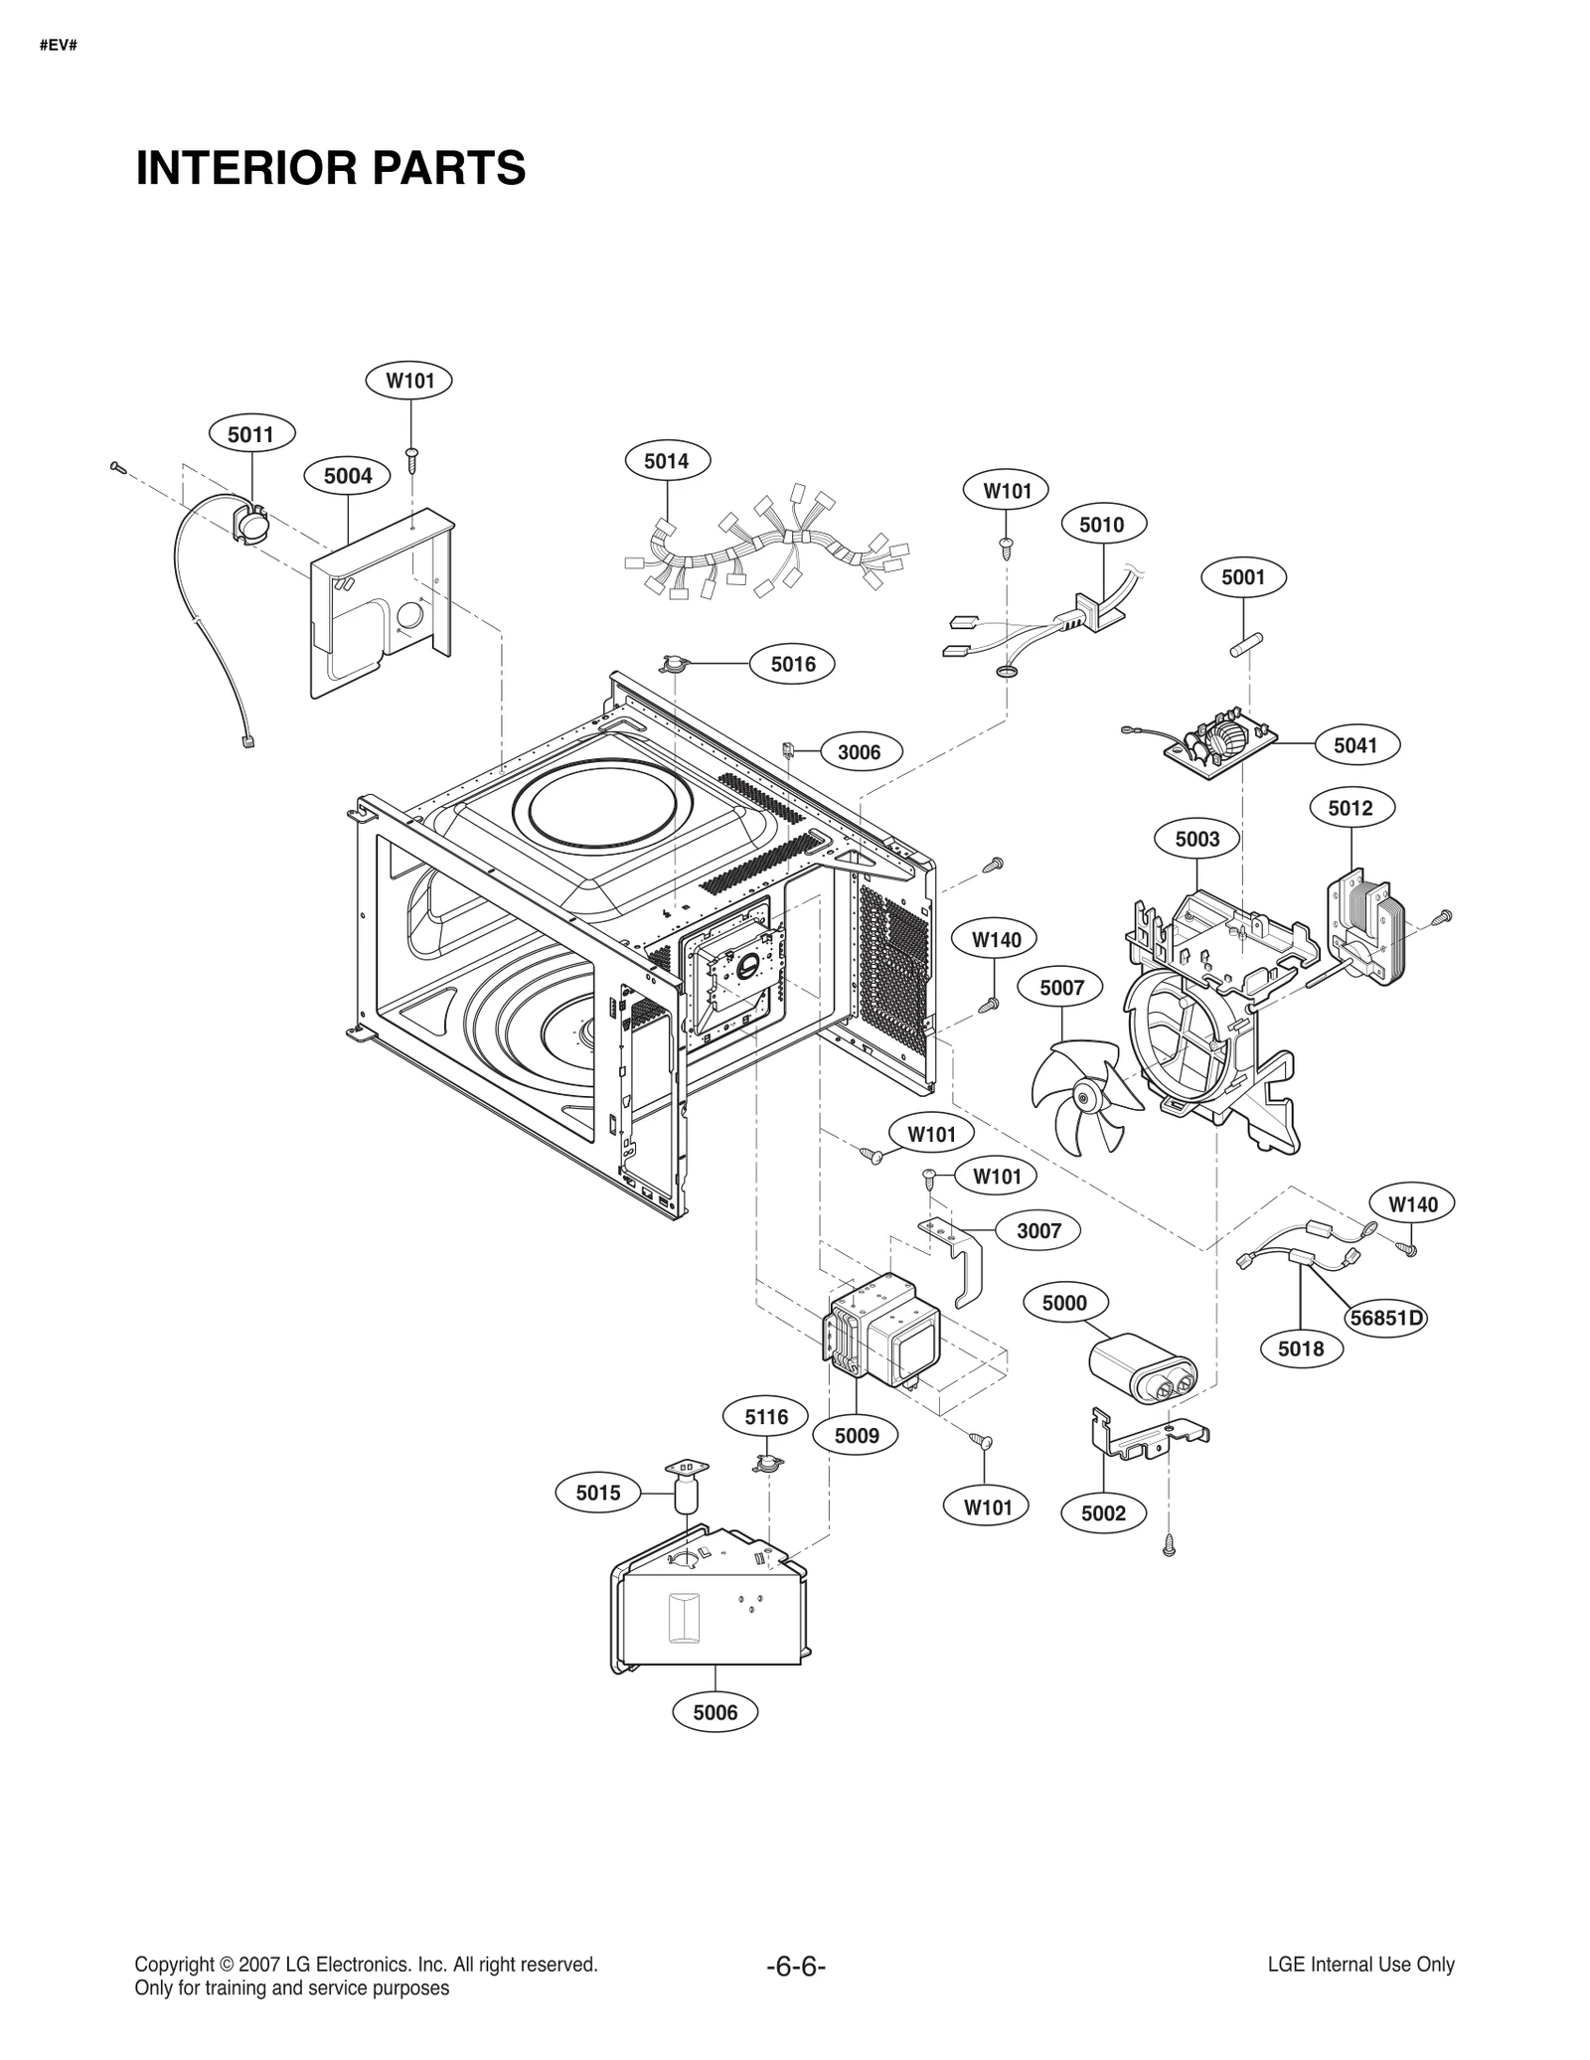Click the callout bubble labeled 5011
250,434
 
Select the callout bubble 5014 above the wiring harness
665,461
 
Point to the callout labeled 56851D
1386,1318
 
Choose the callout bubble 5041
1354,745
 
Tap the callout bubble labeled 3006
859,752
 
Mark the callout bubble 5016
792,664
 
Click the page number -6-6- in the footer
795,1966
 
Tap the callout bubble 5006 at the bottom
715,1712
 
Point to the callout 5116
766,1417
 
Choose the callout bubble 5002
1103,1513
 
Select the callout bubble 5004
348,476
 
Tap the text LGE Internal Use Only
1360,1965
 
